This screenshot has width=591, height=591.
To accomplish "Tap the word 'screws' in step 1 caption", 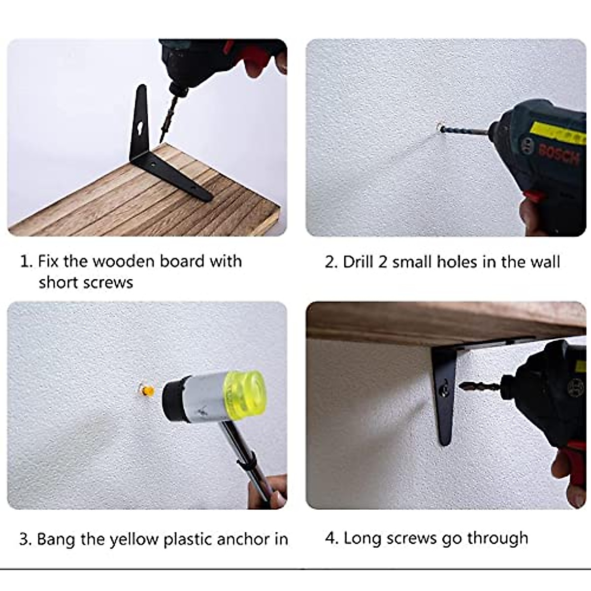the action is pos(108,282).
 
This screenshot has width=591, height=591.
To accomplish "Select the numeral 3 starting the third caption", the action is pos(24,539).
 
